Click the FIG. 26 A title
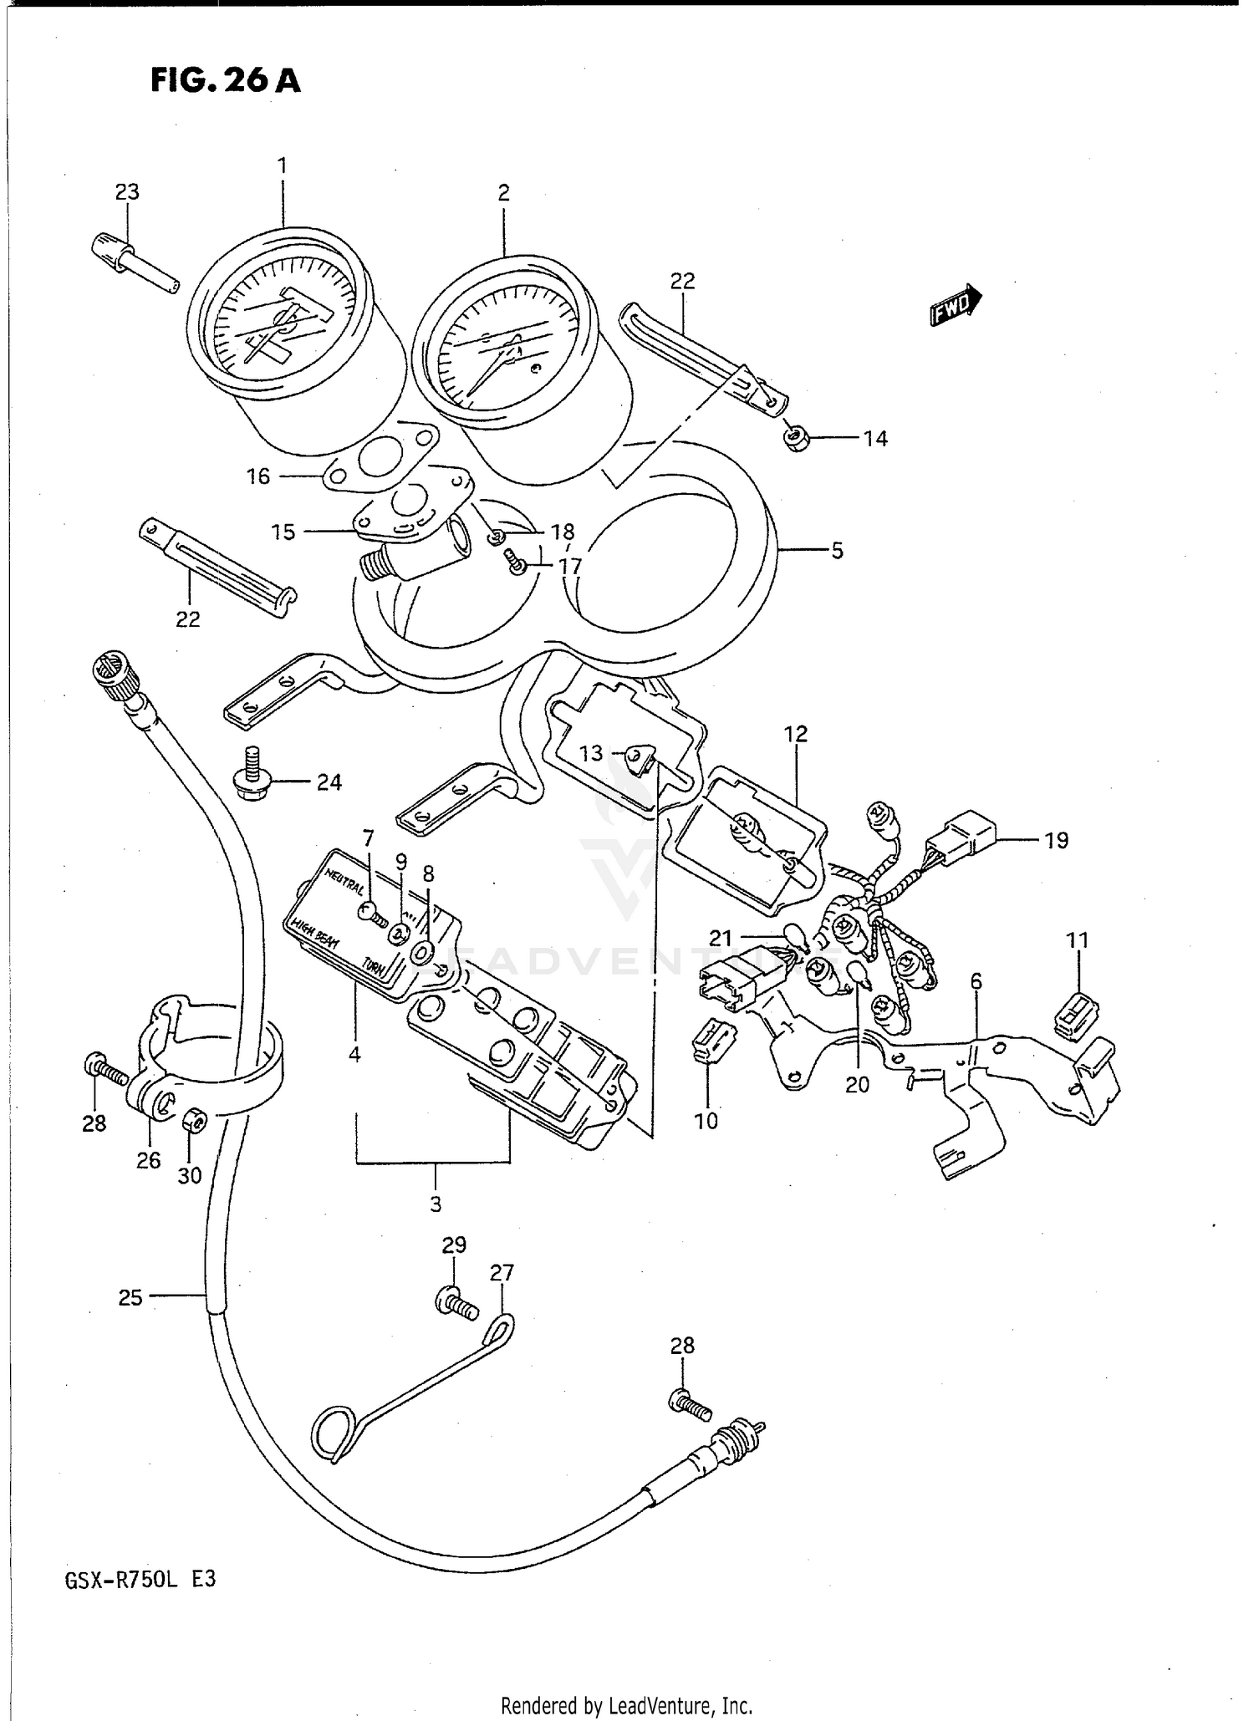point(225,81)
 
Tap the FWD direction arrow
point(956,304)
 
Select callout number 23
point(127,191)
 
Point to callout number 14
point(874,439)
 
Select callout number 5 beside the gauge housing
point(837,551)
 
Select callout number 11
point(1078,940)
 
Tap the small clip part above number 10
point(711,1042)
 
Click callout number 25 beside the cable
point(130,1297)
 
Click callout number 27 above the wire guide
point(502,1273)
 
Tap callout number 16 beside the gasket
point(258,476)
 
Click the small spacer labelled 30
point(193,1120)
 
